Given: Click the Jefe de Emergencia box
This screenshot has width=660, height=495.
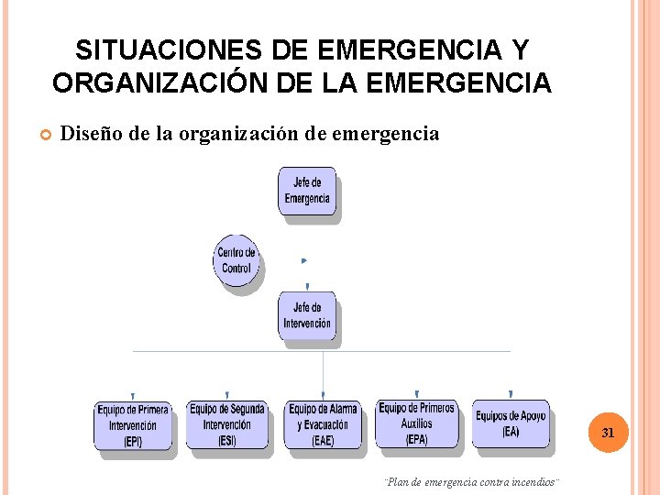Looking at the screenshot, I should click(x=307, y=192).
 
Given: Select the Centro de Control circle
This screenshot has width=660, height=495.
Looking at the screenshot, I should click(x=236, y=260).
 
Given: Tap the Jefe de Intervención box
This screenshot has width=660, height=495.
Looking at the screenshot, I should click(x=307, y=315).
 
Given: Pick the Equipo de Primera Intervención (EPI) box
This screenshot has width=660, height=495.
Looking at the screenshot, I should click(x=133, y=424).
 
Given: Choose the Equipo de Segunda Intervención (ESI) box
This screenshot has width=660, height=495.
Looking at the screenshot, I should click(x=226, y=424).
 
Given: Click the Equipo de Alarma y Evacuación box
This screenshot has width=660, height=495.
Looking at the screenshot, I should click(x=323, y=424).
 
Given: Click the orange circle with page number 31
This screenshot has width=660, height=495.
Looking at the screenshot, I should click(x=607, y=432).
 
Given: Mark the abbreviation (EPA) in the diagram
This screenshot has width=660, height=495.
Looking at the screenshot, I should click(x=416, y=440).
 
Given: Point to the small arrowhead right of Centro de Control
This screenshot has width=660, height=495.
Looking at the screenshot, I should click(x=304, y=261).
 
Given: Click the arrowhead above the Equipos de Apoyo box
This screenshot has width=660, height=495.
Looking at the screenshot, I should click(x=511, y=394).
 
